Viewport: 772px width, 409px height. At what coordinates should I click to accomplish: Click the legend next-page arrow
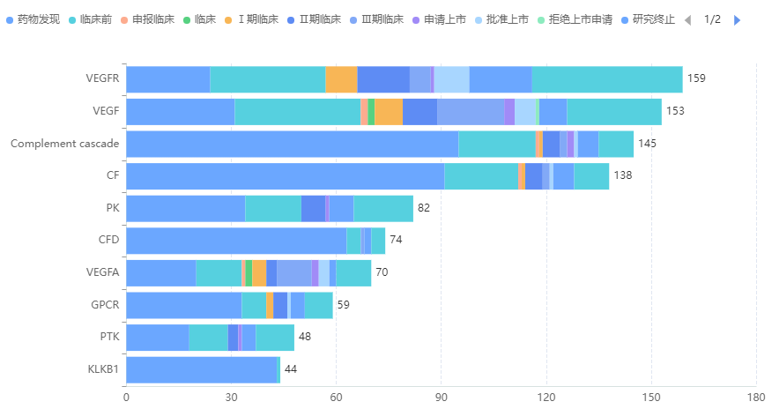(x=738, y=19)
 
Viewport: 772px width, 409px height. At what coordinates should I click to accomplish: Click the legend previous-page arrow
(x=687, y=19)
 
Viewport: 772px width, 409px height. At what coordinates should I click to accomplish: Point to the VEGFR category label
(x=103, y=78)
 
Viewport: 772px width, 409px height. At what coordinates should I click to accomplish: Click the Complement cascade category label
(x=64, y=144)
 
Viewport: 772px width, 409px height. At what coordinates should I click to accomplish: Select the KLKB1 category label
(x=103, y=369)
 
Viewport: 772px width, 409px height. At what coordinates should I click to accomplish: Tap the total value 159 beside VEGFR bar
(x=696, y=78)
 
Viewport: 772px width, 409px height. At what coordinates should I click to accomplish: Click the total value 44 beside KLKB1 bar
(x=291, y=369)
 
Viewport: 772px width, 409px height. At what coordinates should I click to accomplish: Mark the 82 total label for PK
(x=424, y=208)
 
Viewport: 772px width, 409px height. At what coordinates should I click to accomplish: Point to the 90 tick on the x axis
(x=442, y=397)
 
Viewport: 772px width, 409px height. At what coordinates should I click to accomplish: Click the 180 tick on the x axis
(x=756, y=397)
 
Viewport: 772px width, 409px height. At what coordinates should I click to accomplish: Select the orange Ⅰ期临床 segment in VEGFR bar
(x=341, y=79)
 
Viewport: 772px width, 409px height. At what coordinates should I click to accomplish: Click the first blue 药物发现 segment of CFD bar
(x=236, y=241)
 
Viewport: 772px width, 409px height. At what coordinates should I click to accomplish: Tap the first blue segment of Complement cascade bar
(x=292, y=144)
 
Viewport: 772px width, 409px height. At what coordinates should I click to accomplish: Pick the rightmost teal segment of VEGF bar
(x=614, y=112)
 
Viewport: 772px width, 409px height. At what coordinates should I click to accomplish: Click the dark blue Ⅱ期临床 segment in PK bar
(x=313, y=208)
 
